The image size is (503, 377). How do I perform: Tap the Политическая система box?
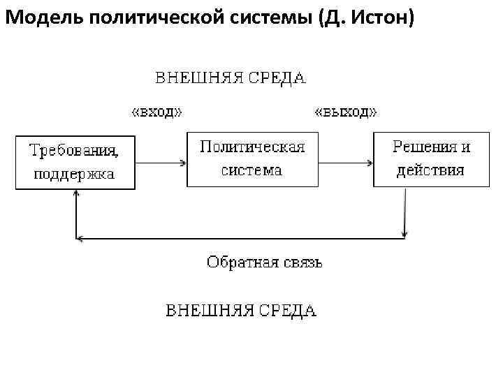click(x=252, y=158)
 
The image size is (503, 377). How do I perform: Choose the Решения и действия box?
click(x=431, y=158)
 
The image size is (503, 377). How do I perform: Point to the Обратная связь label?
click(x=264, y=263)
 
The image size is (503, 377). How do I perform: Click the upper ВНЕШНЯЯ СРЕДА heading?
click(x=230, y=77)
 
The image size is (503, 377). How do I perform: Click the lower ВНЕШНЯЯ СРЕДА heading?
click(x=240, y=310)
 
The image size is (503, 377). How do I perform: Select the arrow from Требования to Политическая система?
click(x=161, y=163)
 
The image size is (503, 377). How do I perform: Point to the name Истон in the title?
click(x=379, y=17)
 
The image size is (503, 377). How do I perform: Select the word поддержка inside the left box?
click(x=75, y=174)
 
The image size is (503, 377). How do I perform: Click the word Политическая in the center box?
click(x=252, y=147)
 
